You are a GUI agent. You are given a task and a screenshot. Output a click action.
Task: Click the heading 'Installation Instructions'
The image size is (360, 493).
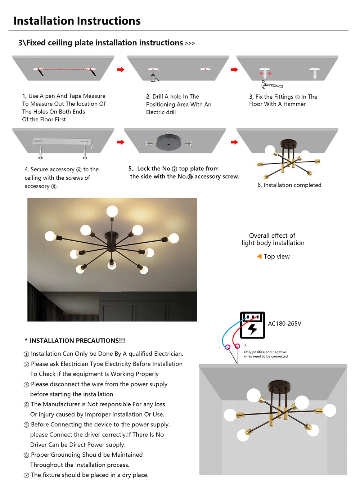point(77,21)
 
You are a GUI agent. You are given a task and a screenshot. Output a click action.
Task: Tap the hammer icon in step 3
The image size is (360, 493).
point(272,85)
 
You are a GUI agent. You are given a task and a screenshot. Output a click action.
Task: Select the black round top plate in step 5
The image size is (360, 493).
point(168,143)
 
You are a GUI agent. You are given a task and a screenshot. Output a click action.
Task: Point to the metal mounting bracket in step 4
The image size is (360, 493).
point(62,142)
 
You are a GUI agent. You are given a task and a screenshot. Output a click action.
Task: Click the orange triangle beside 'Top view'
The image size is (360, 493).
point(259,256)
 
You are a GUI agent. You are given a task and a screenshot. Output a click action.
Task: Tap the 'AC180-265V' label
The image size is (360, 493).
point(284,324)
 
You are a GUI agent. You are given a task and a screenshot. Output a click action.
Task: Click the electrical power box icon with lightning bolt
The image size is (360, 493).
point(252,325)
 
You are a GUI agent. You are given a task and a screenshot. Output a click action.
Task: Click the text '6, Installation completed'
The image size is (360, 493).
point(289,185)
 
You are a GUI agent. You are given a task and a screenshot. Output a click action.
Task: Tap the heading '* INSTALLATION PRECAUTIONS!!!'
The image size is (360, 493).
point(75,341)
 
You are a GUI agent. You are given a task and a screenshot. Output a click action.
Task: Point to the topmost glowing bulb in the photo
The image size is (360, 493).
point(112,211)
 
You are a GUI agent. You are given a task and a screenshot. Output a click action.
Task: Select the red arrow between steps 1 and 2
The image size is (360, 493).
point(121,70)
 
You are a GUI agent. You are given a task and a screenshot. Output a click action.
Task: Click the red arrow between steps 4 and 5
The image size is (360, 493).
point(121,142)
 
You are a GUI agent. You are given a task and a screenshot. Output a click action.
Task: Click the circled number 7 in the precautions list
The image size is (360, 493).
point(26,475)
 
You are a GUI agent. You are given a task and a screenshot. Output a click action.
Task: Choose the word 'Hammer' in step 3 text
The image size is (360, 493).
point(294,104)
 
